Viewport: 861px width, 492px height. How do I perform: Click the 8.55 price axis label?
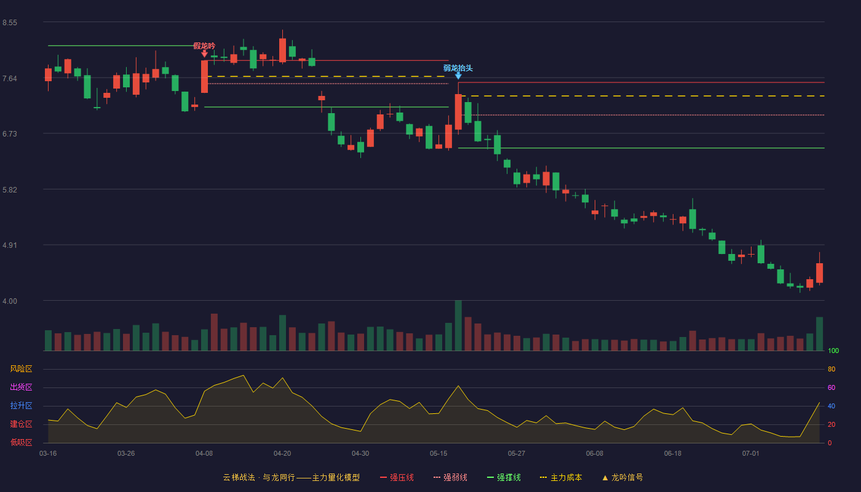point(10,23)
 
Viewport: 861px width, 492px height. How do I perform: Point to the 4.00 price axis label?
point(10,301)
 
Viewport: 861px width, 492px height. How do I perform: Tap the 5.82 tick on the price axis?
point(10,190)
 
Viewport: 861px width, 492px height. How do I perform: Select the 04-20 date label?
point(282,454)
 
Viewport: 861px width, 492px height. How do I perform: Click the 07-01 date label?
point(751,454)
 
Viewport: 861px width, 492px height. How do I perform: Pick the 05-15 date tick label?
point(438,454)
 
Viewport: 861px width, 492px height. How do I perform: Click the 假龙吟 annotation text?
point(204,46)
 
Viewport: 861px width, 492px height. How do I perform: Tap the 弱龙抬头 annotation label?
point(458,68)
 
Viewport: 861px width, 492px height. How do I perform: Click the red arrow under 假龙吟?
point(204,54)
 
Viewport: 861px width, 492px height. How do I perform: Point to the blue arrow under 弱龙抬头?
point(458,76)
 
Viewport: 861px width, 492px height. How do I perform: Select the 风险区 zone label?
point(21,368)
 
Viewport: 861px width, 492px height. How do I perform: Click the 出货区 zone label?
point(21,387)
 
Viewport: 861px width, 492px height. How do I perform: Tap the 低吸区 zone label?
point(21,442)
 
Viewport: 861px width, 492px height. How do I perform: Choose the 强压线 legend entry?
point(397,477)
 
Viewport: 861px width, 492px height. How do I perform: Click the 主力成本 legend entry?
point(561,477)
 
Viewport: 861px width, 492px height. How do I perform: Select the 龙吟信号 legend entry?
point(622,477)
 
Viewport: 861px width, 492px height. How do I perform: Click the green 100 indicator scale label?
point(833,351)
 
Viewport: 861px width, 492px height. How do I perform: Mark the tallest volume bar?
point(458,325)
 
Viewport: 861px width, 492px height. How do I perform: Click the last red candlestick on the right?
point(819,273)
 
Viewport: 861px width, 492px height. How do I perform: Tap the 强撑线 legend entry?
point(504,477)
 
